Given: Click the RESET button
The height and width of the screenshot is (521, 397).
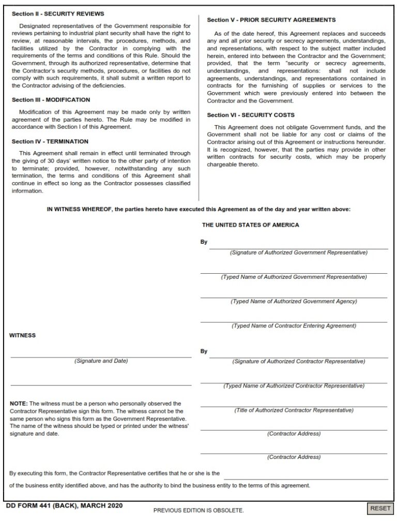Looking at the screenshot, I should (x=380, y=509).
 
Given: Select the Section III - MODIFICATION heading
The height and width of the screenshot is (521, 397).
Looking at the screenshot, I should (x=51, y=100).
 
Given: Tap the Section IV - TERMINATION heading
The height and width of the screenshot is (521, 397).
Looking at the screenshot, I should (x=50, y=141).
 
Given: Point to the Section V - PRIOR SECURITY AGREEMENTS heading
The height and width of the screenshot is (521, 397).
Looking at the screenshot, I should (x=271, y=20).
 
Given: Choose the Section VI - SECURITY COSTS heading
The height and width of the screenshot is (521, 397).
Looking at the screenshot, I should (x=251, y=115).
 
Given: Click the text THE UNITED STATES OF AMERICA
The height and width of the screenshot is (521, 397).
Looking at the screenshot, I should (x=250, y=225).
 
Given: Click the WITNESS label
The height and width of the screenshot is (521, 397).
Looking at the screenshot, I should (x=23, y=335).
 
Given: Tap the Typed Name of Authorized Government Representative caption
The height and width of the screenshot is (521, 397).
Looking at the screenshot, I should (x=294, y=277).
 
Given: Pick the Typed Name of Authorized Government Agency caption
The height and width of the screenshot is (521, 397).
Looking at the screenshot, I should (x=294, y=301).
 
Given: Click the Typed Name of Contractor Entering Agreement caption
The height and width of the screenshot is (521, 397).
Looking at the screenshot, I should (x=294, y=326).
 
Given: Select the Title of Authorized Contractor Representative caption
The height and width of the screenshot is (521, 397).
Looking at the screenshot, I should (x=294, y=410).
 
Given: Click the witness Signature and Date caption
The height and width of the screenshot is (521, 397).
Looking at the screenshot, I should (x=101, y=361).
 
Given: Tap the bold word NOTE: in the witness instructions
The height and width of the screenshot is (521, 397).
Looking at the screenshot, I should (x=19, y=403).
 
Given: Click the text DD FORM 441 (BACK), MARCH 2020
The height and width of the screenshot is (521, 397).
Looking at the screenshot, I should (x=64, y=505).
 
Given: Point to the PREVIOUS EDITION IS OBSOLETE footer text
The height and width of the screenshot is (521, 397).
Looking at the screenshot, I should (x=198, y=510).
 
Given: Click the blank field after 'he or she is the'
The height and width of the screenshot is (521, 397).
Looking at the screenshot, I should (x=305, y=473).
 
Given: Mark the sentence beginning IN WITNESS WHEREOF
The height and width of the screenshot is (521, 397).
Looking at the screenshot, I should (x=198, y=210).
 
